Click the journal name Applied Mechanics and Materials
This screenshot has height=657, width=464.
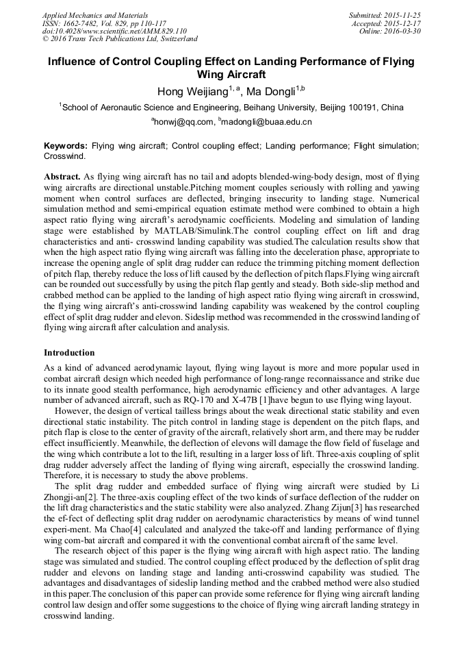click(x=94, y=14)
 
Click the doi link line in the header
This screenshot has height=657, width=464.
click(x=114, y=31)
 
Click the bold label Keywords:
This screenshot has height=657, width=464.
click(x=66, y=146)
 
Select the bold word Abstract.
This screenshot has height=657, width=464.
click(x=62, y=176)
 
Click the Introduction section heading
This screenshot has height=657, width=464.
click(x=69, y=353)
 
